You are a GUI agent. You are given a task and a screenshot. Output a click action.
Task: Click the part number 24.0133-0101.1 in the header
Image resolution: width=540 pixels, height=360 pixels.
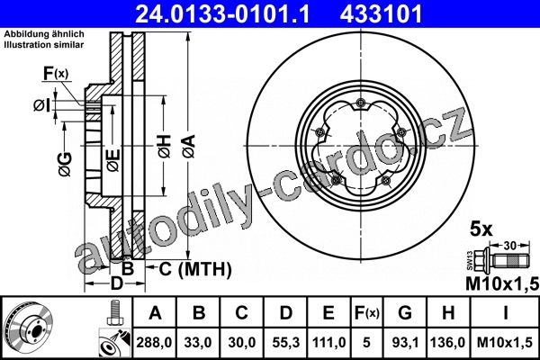click(x=223, y=14)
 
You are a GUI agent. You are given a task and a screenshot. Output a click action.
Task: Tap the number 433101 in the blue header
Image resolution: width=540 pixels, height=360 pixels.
click(x=382, y=14)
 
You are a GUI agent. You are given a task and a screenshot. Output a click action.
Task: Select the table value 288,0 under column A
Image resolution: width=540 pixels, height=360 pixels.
click(x=154, y=342)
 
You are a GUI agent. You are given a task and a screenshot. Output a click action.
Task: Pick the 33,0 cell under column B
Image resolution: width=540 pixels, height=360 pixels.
click(x=198, y=342)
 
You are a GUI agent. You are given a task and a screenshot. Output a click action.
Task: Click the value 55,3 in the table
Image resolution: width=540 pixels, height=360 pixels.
click(x=286, y=342)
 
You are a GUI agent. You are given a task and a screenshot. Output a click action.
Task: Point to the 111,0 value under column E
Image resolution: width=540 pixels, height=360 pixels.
click(x=328, y=342)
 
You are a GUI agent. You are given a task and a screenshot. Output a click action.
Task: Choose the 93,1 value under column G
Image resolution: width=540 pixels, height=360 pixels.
click(x=405, y=342)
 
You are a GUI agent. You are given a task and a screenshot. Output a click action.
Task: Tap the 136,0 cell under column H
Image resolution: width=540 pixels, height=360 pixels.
click(x=447, y=342)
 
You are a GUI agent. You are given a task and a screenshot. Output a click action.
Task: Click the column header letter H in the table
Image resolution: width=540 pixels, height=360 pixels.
click(x=448, y=313)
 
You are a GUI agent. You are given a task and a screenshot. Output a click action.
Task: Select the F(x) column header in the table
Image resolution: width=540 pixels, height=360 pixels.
click(x=367, y=313)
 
